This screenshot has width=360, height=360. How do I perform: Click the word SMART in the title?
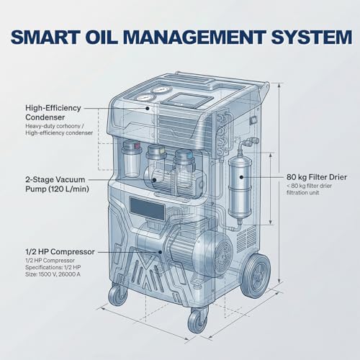(x=45, y=37)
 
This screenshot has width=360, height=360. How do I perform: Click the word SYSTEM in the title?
(x=311, y=37)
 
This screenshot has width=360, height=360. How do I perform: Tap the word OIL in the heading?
(x=103, y=37)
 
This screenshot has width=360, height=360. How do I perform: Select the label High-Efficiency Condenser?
(x=53, y=112)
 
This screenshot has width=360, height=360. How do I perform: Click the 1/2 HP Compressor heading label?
(x=60, y=252)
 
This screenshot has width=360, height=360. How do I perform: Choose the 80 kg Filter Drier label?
(x=317, y=177)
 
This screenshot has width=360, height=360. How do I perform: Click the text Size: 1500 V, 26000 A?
(x=53, y=274)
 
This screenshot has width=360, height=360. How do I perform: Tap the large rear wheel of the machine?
(x=256, y=276)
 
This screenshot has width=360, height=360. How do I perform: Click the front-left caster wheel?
(x=117, y=295)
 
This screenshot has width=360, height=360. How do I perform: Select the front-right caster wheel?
(x=197, y=320)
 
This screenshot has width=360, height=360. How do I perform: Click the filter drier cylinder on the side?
(x=240, y=187)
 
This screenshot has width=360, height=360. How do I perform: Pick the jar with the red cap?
(x=131, y=158)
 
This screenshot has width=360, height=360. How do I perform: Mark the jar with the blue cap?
(x=184, y=168)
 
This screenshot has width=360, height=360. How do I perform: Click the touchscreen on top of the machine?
(x=186, y=99)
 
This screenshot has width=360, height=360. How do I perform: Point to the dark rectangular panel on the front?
(x=147, y=208)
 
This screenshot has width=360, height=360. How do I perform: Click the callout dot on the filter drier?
(x=241, y=177)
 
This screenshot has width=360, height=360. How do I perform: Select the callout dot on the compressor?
(x=160, y=252)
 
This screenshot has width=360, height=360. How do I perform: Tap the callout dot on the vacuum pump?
(x=154, y=179)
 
